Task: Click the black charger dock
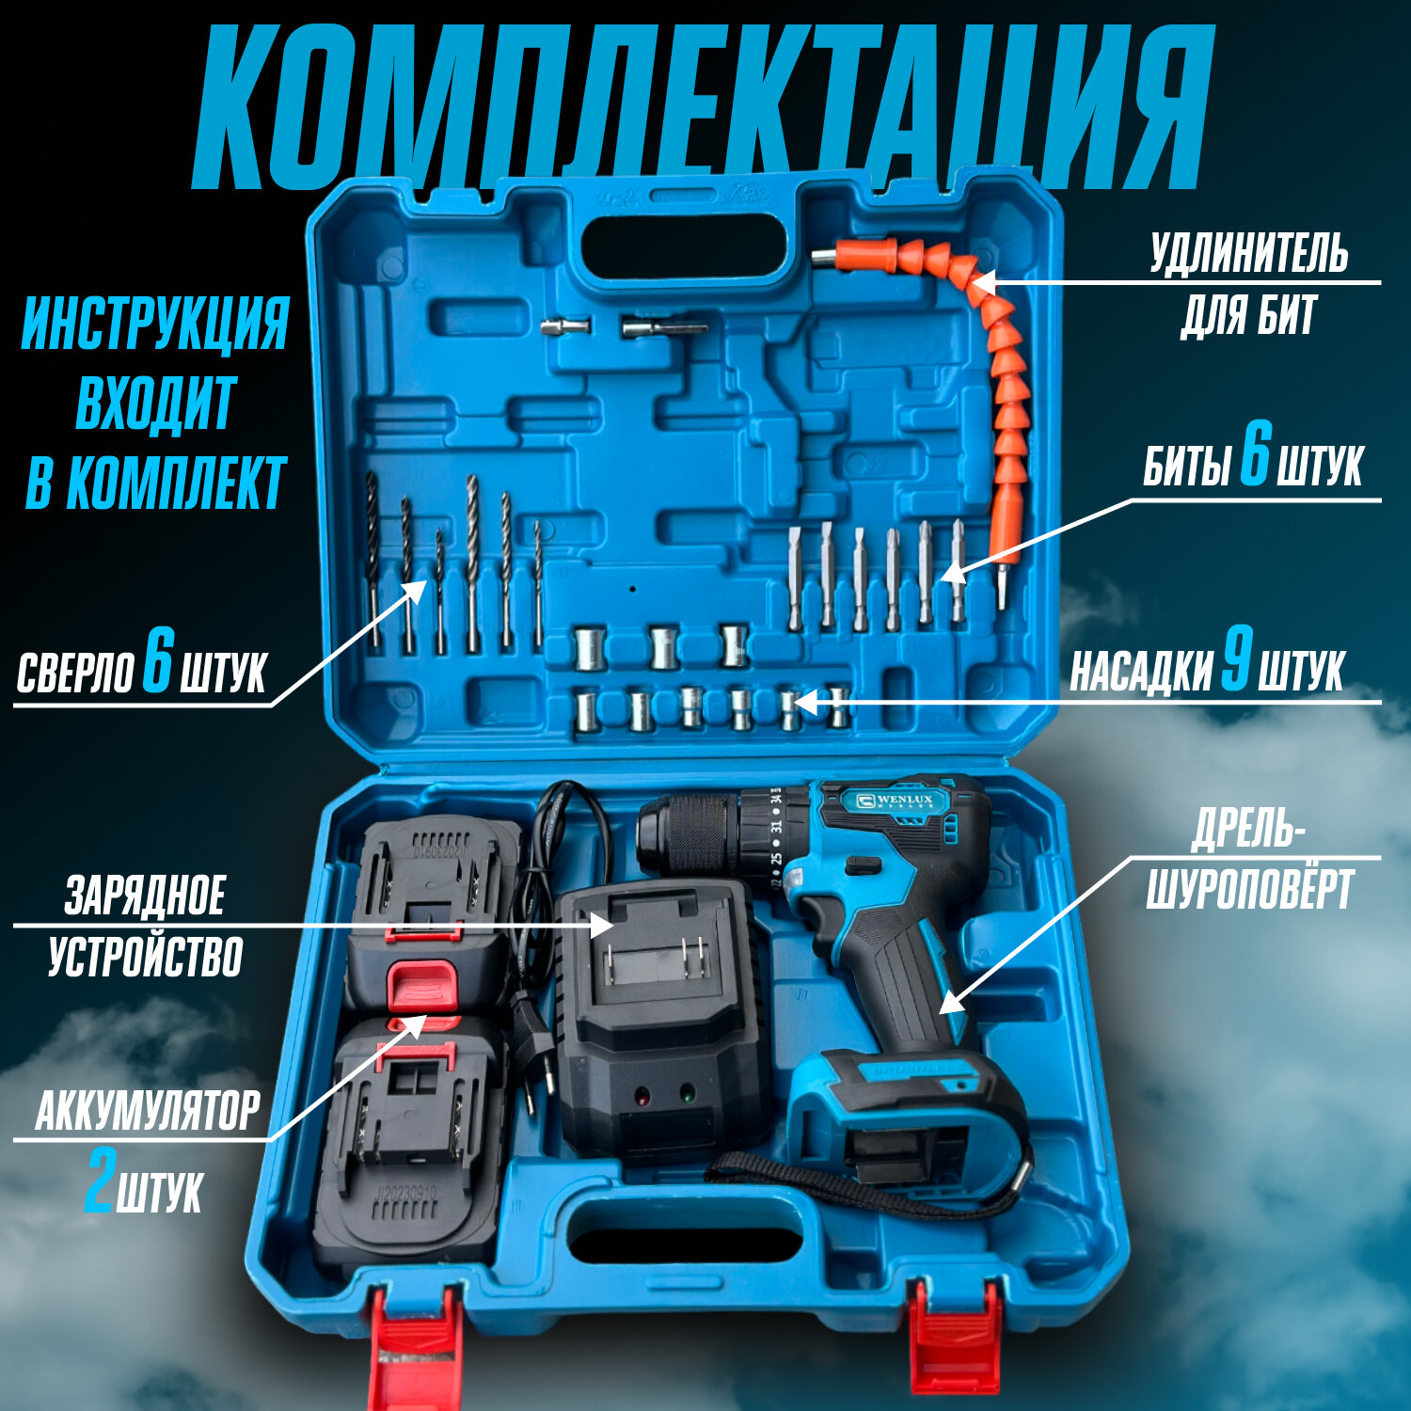coord(658,1016)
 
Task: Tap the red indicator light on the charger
coord(642,1097)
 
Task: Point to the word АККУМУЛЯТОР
coord(148,1111)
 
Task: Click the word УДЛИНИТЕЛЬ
coord(1248,254)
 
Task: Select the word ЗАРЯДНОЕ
coord(145,895)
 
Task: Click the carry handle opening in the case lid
coord(683,246)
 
